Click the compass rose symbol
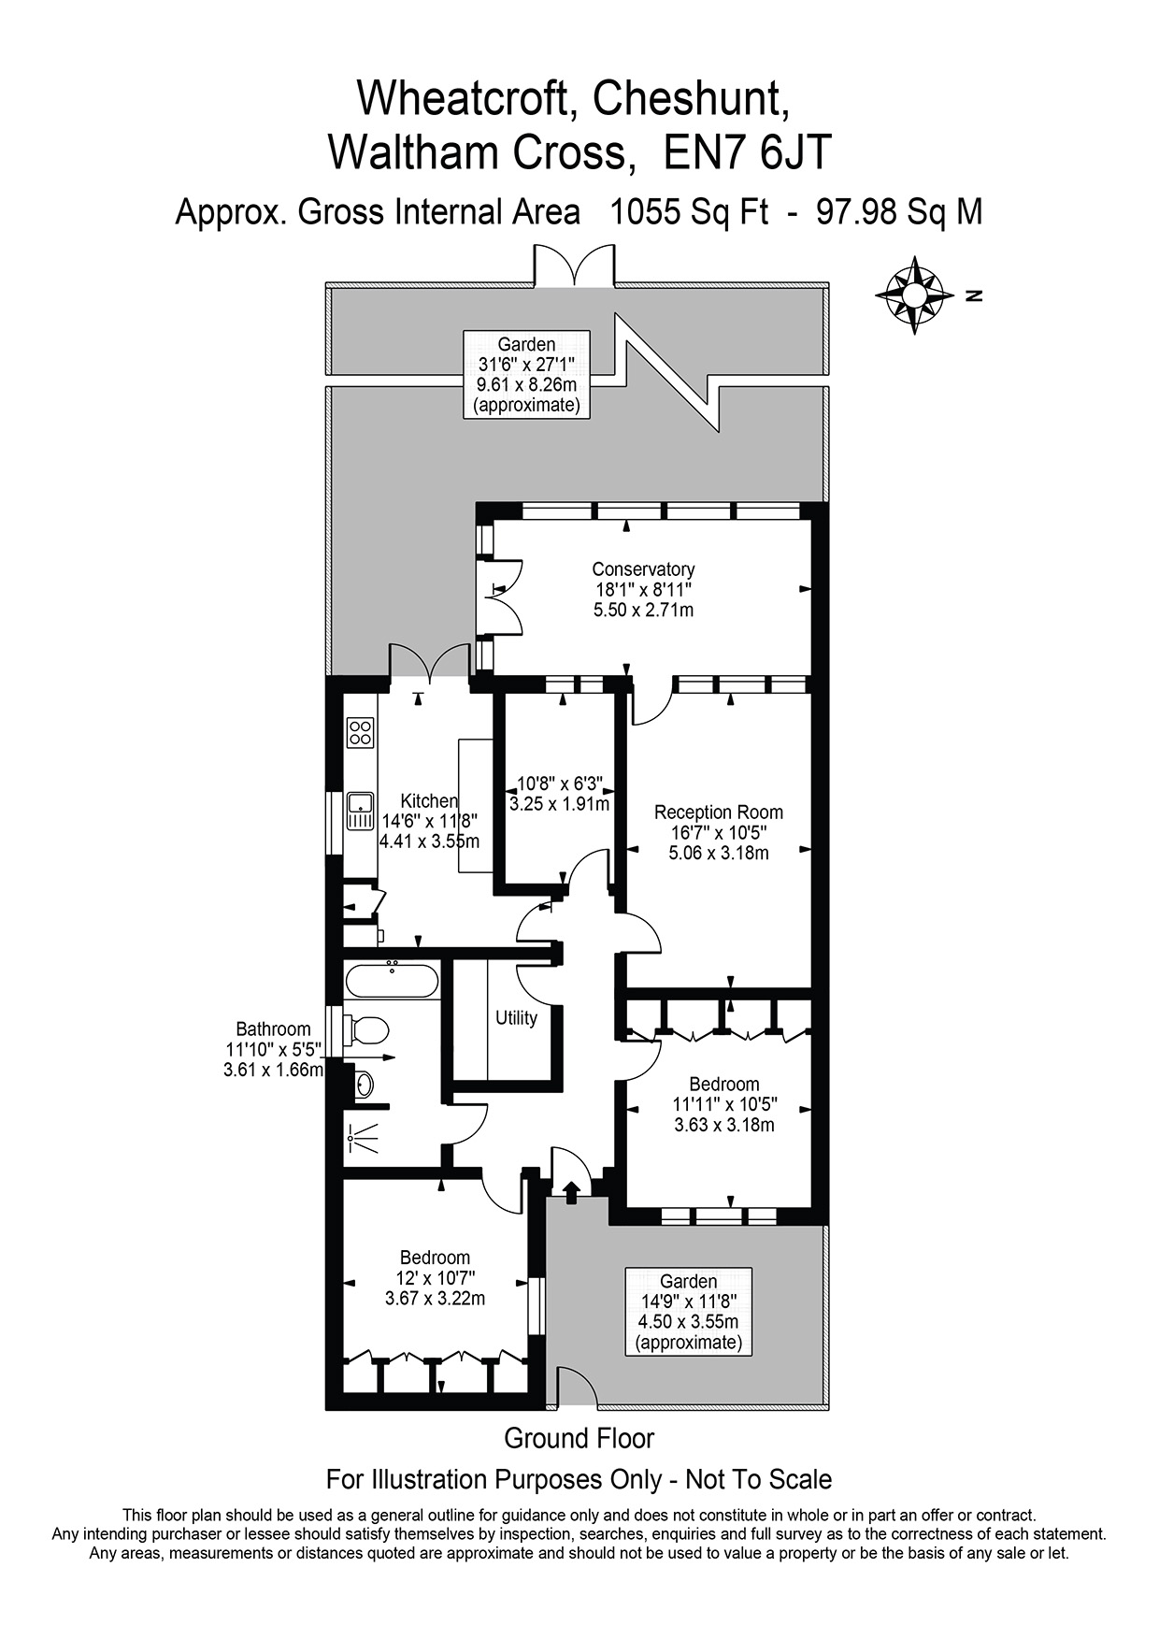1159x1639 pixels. point(914,295)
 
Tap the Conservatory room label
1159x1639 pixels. point(643,569)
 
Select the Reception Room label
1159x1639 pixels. point(719,812)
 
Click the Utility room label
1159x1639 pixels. point(516,1018)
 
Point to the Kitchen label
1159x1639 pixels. point(429,801)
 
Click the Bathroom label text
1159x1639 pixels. point(273,1029)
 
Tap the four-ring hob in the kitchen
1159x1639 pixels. point(360,731)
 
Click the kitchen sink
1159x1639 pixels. point(360,811)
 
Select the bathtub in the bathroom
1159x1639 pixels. point(391,981)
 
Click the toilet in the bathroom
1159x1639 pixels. point(367,1030)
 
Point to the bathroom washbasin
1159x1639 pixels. point(363,1085)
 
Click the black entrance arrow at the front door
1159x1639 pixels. point(571,1188)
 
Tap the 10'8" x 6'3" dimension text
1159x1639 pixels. point(560,784)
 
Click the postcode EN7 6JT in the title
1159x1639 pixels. point(748,152)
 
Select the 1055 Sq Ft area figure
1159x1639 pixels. point(689,212)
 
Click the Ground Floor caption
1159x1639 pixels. point(579,1438)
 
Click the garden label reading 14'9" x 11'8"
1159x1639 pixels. point(689,1301)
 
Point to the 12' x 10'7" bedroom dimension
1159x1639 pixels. point(436,1278)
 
